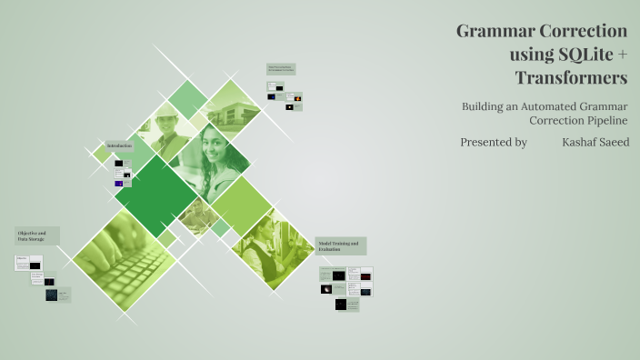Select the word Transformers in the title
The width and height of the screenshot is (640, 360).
[x=571, y=78]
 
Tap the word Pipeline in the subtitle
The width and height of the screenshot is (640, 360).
[x=599, y=121]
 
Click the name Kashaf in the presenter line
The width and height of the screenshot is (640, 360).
[x=582, y=143]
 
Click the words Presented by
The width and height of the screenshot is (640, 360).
[x=494, y=143]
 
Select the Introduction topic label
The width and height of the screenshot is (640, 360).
[x=119, y=145]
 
